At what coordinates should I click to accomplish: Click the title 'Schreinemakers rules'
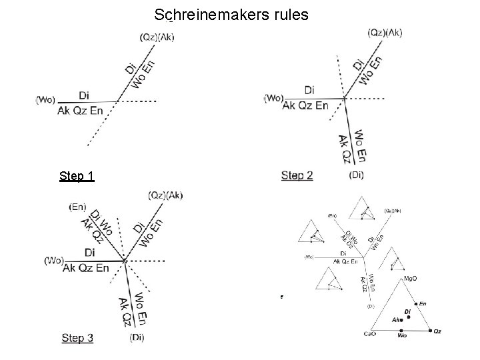pyautogui.click(x=231, y=14)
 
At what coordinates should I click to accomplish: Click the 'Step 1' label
pyautogui.click(x=76, y=176)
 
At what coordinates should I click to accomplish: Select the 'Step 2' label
pyautogui.click(x=297, y=175)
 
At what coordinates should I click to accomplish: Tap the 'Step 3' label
pyautogui.click(x=77, y=338)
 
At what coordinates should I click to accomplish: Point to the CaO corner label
pyautogui.click(x=371, y=333)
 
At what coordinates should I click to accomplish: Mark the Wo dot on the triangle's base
pyautogui.click(x=401, y=330)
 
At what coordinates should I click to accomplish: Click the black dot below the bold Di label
pyautogui.click(x=407, y=317)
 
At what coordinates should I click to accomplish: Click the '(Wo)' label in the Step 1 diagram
pyautogui.click(x=45, y=101)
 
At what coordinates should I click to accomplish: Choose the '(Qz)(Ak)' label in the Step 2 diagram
pyautogui.click(x=385, y=33)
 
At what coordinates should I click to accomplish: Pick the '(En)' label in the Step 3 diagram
pyautogui.click(x=77, y=207)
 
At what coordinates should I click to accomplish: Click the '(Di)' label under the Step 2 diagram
pyautogui.click(x=357, y=175)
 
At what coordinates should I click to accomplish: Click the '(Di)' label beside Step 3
pyautogui.click(x=137, y=337)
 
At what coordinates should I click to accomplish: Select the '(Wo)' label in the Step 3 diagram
pyautogui.click(x=53, y=261)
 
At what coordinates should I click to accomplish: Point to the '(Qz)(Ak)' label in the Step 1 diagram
pyautogui.click(x=157, y=37)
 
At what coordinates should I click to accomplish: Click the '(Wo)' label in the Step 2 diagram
pyautogui.click(x=274, y=98)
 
